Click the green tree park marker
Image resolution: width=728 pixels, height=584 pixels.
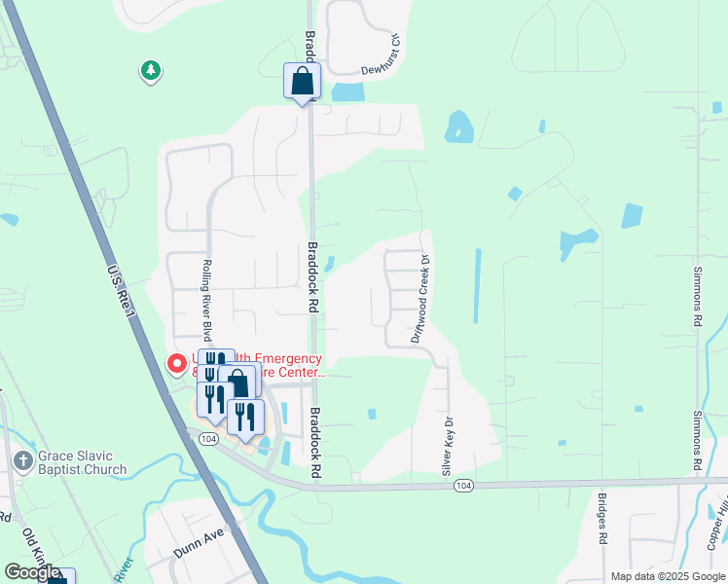(x=150, y=71)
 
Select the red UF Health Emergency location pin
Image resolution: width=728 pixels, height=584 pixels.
(x=177, y=364)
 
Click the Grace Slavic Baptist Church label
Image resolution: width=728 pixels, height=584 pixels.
(x=83, y=463)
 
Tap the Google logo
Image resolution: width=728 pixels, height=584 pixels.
(x=32, y=572)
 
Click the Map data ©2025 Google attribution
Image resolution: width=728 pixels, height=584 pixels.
(x=668, y=576)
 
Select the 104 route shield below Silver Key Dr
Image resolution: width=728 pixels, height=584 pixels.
(x=462, y=486)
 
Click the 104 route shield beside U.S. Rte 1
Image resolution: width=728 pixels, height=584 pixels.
(x=207, y=439)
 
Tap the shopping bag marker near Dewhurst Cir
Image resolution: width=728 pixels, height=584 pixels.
(x=302, y=81)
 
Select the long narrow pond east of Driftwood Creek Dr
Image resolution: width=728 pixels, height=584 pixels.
(x=477, y=285)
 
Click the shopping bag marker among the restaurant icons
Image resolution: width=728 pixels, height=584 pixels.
(x=238, y=383)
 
